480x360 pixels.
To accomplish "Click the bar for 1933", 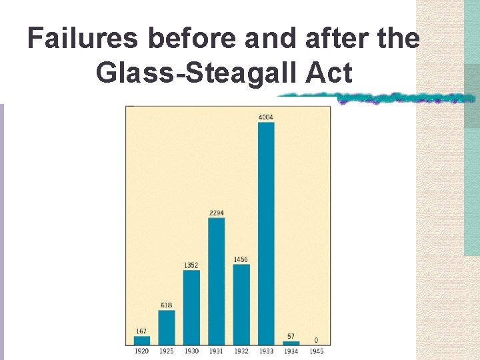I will click(x=266, y=233).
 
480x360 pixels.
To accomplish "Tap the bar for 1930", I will click(x=191, y=307).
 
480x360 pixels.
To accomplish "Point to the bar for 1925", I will click(x=167, y=327).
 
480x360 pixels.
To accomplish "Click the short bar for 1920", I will click(x=141, y=340).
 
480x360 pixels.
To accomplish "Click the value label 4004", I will click(x=266, y=117).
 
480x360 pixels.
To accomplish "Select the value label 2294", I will click(x=216, y=213).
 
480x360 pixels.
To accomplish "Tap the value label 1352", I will click(x=191, y=265).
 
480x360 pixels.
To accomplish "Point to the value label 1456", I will click(x=241, y=259).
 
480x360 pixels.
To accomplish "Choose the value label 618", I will click(x=167, y=305).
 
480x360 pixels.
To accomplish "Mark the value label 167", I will click(x=141, y=331).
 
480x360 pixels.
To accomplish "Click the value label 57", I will click(x=291, y=337).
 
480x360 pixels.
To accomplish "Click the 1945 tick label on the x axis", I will click(x=316, y=351).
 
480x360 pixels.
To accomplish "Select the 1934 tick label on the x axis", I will click(x=291, y=351).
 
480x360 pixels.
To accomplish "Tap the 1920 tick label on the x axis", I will click(x=141, y=351).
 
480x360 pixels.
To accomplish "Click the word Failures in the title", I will click(x=83, y=39).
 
